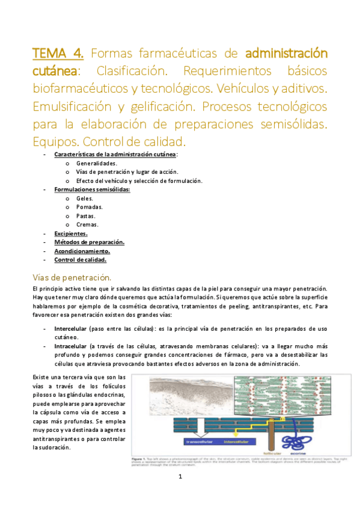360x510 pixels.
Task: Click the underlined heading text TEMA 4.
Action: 58,52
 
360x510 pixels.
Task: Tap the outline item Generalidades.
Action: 97,163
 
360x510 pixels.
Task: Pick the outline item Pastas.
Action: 86,216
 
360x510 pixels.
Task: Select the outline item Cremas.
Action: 87,224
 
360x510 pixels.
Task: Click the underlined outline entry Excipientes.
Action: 71,233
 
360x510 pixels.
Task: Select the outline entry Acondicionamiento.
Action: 82,251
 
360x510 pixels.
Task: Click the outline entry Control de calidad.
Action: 80,260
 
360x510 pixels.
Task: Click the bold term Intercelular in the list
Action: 70,328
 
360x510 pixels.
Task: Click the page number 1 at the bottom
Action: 180,477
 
